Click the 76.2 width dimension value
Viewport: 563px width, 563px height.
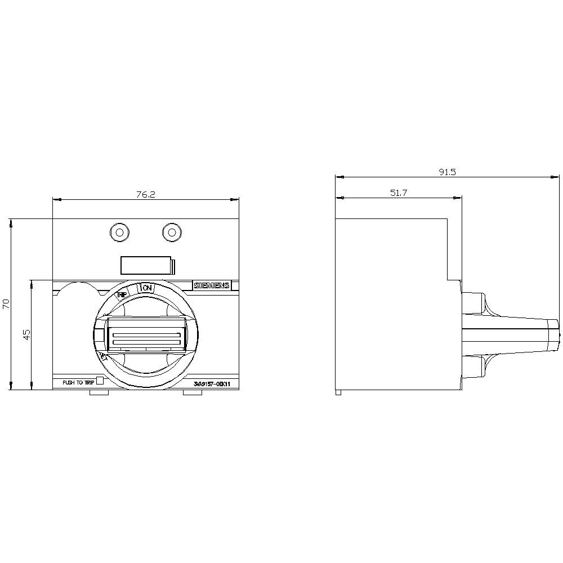[145, 194]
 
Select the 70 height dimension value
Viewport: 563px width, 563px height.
[6, 304]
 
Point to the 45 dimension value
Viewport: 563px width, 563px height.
[26, 334]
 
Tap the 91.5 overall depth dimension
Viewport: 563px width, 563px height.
[448, 172]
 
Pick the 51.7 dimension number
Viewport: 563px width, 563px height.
[398, 193]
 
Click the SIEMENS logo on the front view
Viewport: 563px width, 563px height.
[212, 286]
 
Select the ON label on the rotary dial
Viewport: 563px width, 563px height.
[147, 288]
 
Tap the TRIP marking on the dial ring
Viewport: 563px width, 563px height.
[122, 294]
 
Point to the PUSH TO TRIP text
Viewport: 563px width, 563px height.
[78, 382]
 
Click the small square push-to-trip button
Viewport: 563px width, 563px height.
[100, 381]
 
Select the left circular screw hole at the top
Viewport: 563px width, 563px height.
[119, 232]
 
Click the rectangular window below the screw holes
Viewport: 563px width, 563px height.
[146, 266]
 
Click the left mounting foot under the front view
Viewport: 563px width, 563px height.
[99, 392]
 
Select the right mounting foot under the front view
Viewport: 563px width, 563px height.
[192, 392]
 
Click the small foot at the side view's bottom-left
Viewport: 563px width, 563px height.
[338, 392]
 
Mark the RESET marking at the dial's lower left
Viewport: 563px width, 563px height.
[104, 357]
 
